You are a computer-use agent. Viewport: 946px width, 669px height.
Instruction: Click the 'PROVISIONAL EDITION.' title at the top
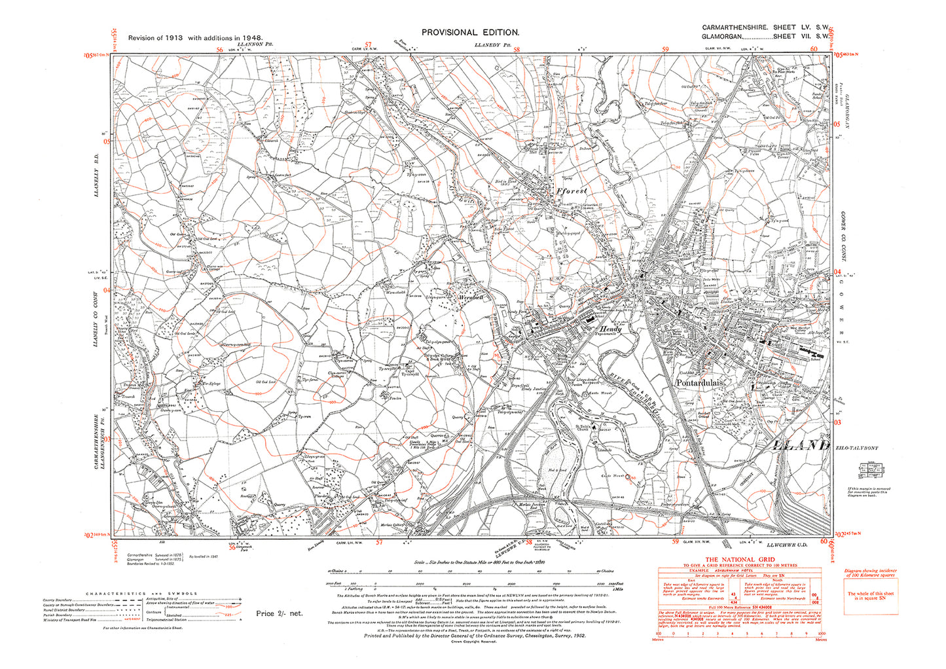pos(470,32)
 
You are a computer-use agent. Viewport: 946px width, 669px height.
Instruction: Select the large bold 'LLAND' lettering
pos(797,445)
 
